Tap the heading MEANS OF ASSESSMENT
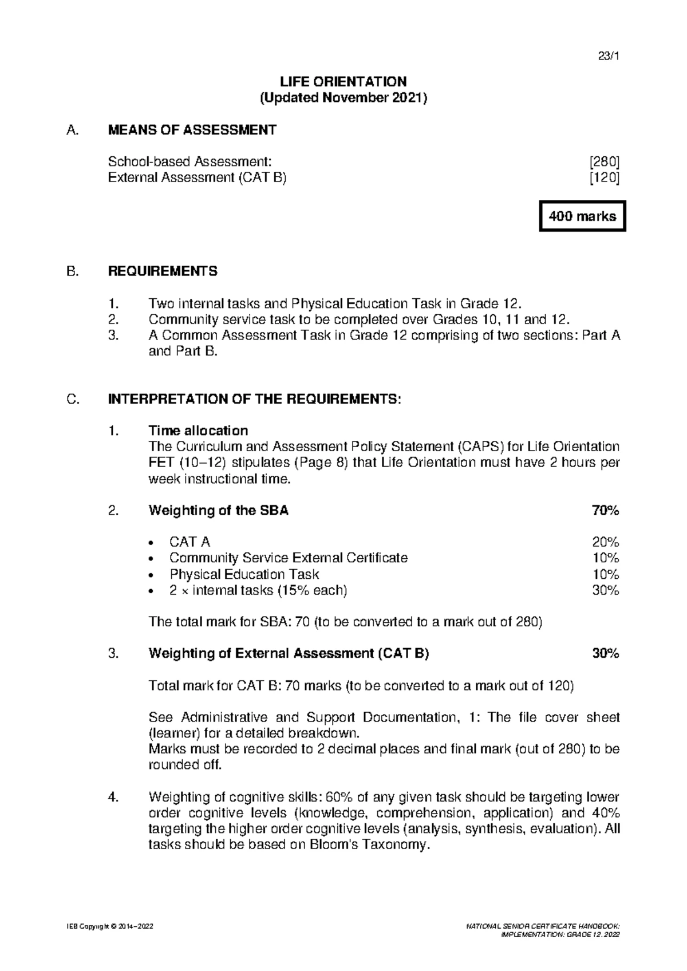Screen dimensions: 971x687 tap(192, 130)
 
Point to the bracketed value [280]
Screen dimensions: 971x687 tap(605, 161)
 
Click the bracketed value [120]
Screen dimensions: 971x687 tap(605, 177)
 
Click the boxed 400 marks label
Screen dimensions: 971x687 tap(582, 216)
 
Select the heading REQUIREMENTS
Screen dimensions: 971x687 tap(163, 271)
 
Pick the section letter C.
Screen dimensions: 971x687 tap(72, 400)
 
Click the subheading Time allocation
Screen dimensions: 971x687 tap(198, 431)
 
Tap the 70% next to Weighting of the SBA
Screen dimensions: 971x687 tap(605, 511)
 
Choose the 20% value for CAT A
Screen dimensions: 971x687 tap(605, 542)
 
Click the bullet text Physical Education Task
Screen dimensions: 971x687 tap(244, 574)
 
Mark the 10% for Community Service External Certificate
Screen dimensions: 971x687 tap(605, 558)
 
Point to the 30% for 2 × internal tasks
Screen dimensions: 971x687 tap(605, 590)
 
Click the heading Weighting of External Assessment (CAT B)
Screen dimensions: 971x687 tap(289, 653)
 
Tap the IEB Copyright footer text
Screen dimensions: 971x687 tap(109, 926)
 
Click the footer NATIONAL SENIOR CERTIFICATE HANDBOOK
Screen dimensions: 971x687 tap(543, 926)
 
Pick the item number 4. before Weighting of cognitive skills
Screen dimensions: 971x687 tap(113, 797)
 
